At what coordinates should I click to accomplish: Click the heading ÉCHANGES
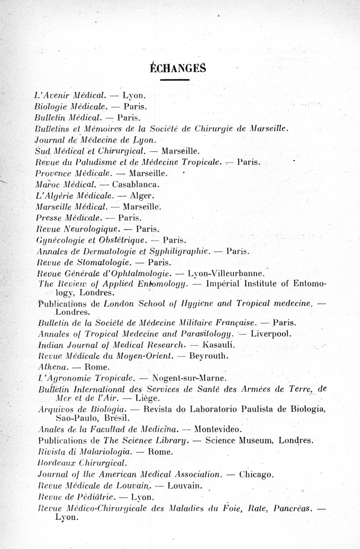point(177,68)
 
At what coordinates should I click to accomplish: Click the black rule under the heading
point(175,80)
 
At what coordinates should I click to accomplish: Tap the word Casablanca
point(134,184)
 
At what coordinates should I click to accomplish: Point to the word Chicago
point(256,474)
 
